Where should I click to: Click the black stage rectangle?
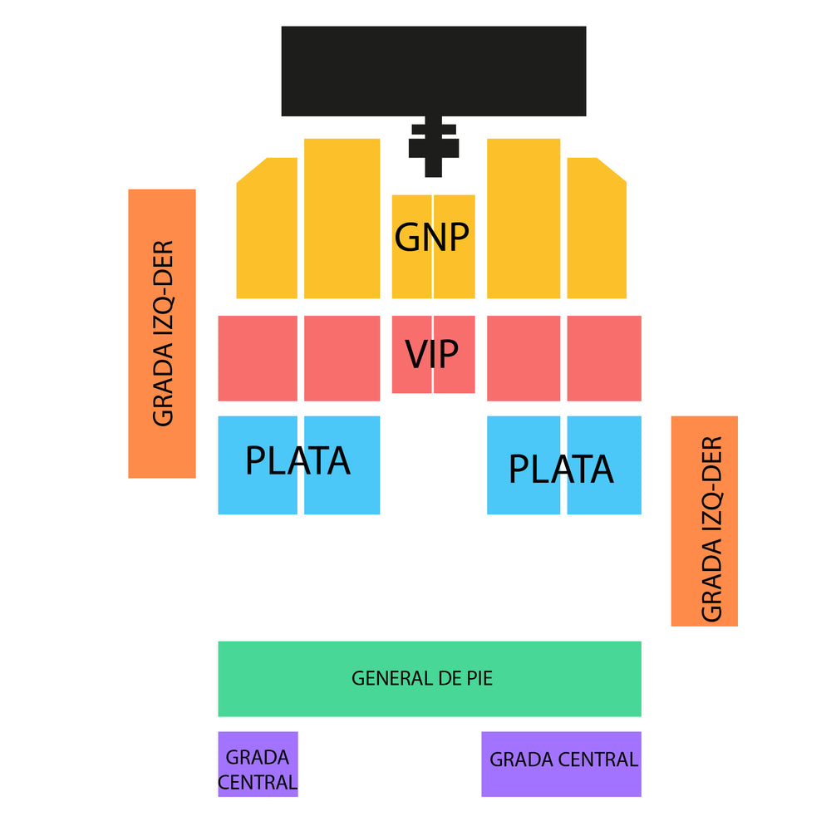click(x=434, y=71)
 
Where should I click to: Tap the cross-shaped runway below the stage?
click(x=434, y=147)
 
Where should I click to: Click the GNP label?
click(x=431, y=237)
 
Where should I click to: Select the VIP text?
click(x=431, y=353)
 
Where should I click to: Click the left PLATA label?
click(x=297, y=460)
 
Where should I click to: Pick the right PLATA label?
click(x=561, y=469)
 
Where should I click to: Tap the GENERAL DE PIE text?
click(x=422, y=678)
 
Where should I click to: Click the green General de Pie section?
click(x=430, y=679)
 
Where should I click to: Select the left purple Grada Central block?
click(x=258, y=765)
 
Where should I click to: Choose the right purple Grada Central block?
click(x=561, y=765)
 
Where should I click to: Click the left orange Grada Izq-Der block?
click(x=162, y=333)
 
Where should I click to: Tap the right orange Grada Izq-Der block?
click(x=705, y=521)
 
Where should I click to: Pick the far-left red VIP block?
click(x=258, y=358)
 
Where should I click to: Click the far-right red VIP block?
click(x=604, y=358)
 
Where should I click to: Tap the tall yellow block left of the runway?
click(x=342, y=219)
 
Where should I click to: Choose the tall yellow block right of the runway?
click(x=524, y=219)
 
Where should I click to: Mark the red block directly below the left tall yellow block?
click(x=342, y=358)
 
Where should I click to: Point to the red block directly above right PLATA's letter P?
click(x=524, y=358)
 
